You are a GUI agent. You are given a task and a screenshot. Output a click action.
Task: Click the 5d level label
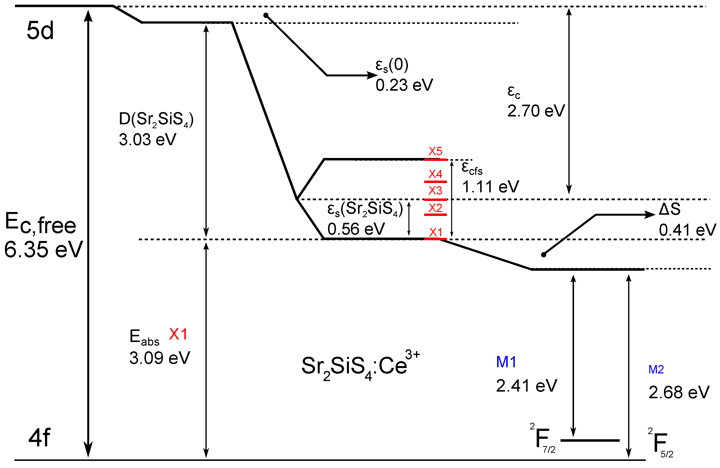pyautogui.click(x=40, y=31)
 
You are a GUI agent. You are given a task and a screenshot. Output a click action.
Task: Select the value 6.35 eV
pyautogui.click(x=43, y=249)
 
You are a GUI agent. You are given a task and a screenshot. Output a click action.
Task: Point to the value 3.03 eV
pyautogui.click(x=147, y=140)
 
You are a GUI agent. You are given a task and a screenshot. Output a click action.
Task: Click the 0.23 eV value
pyautogui.click(x=404, y=85)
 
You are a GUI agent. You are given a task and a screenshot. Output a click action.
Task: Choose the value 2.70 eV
pyautogui.click(x=536, y=111)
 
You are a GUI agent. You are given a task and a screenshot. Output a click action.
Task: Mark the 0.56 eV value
pyautogui.click(x=356, y=229)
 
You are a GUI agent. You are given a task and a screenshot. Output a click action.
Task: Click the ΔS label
pyautogui.click(x=669, y=209)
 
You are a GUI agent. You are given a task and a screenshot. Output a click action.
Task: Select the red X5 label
pyautogui.click(x=435, y=151)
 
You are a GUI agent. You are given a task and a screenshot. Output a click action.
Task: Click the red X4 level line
pyautogui.click(x=435, y=182)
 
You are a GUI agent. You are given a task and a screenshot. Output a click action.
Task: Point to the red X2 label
pyautogui.click(x=435, y=208)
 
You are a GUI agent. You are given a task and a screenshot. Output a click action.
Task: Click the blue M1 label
pyautogui.click(x=506, y=362)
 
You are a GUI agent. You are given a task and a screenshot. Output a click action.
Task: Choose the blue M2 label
pyautogui.click(x=656, y=370)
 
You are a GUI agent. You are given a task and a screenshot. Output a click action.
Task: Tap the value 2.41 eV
pyautogui.click(x=526, y=386)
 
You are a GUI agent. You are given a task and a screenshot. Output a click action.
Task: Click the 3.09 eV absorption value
pyautogui.click(x=159, y=358)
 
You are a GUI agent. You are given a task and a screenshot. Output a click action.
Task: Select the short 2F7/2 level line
pyautogui.click(x=590, y=440)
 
